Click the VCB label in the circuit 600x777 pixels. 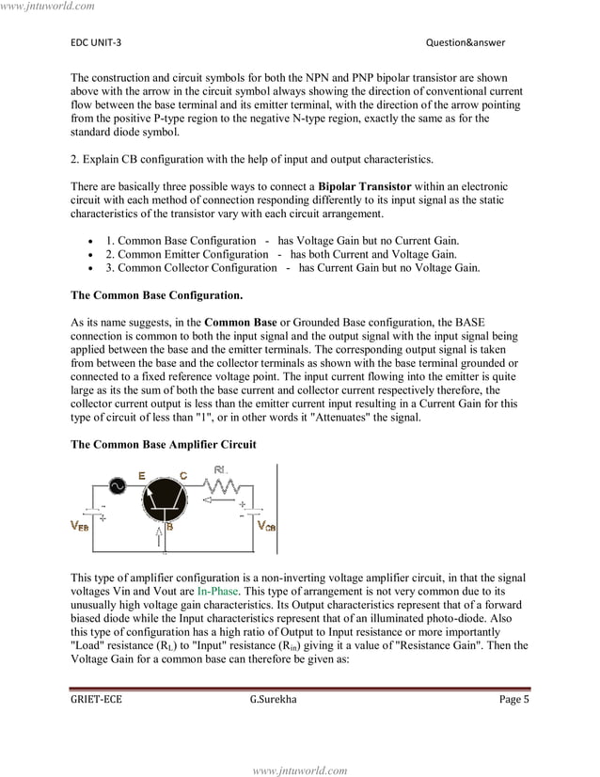coord(266,526)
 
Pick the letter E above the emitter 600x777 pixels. coord(141,477)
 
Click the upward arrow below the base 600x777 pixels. coord(159,537)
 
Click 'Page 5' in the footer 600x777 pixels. coord(513,699)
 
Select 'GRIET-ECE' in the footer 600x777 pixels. coord(96,699)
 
